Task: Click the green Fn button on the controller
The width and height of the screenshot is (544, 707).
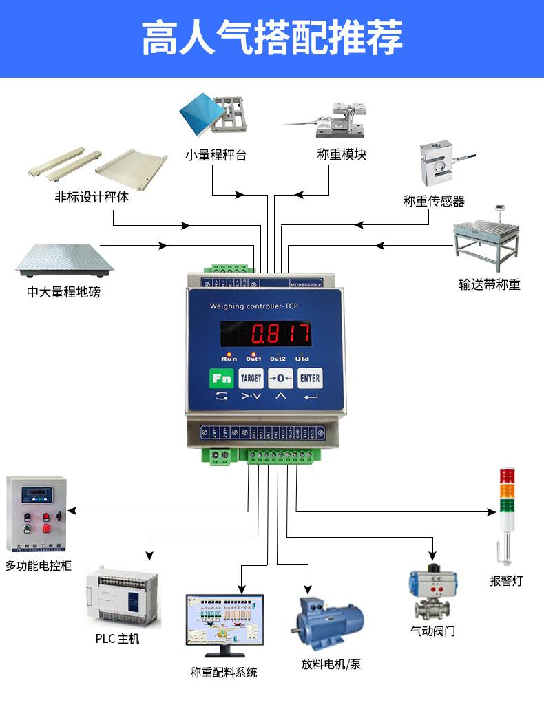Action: (222, 378)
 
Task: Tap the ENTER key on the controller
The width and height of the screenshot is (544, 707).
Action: (310, 378)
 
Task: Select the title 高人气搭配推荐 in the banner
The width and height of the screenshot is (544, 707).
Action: (272, 38)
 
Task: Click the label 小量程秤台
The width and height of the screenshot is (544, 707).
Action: (216, 155)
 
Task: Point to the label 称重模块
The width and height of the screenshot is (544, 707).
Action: (342, 154)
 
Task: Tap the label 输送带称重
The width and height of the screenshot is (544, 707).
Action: (490, 284)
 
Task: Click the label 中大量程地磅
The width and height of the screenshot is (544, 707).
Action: (63, 292)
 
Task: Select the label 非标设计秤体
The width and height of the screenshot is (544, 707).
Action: (92, 197)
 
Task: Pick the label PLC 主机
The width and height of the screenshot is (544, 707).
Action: (117, 639)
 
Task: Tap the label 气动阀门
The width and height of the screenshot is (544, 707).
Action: (432, 631)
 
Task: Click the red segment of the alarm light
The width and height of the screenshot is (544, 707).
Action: (507, 476)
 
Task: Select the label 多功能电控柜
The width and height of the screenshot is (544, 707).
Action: (39, 566)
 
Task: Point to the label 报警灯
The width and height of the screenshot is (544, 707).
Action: (506, 580)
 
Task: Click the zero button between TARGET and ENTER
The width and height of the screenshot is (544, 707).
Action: (280, 378)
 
